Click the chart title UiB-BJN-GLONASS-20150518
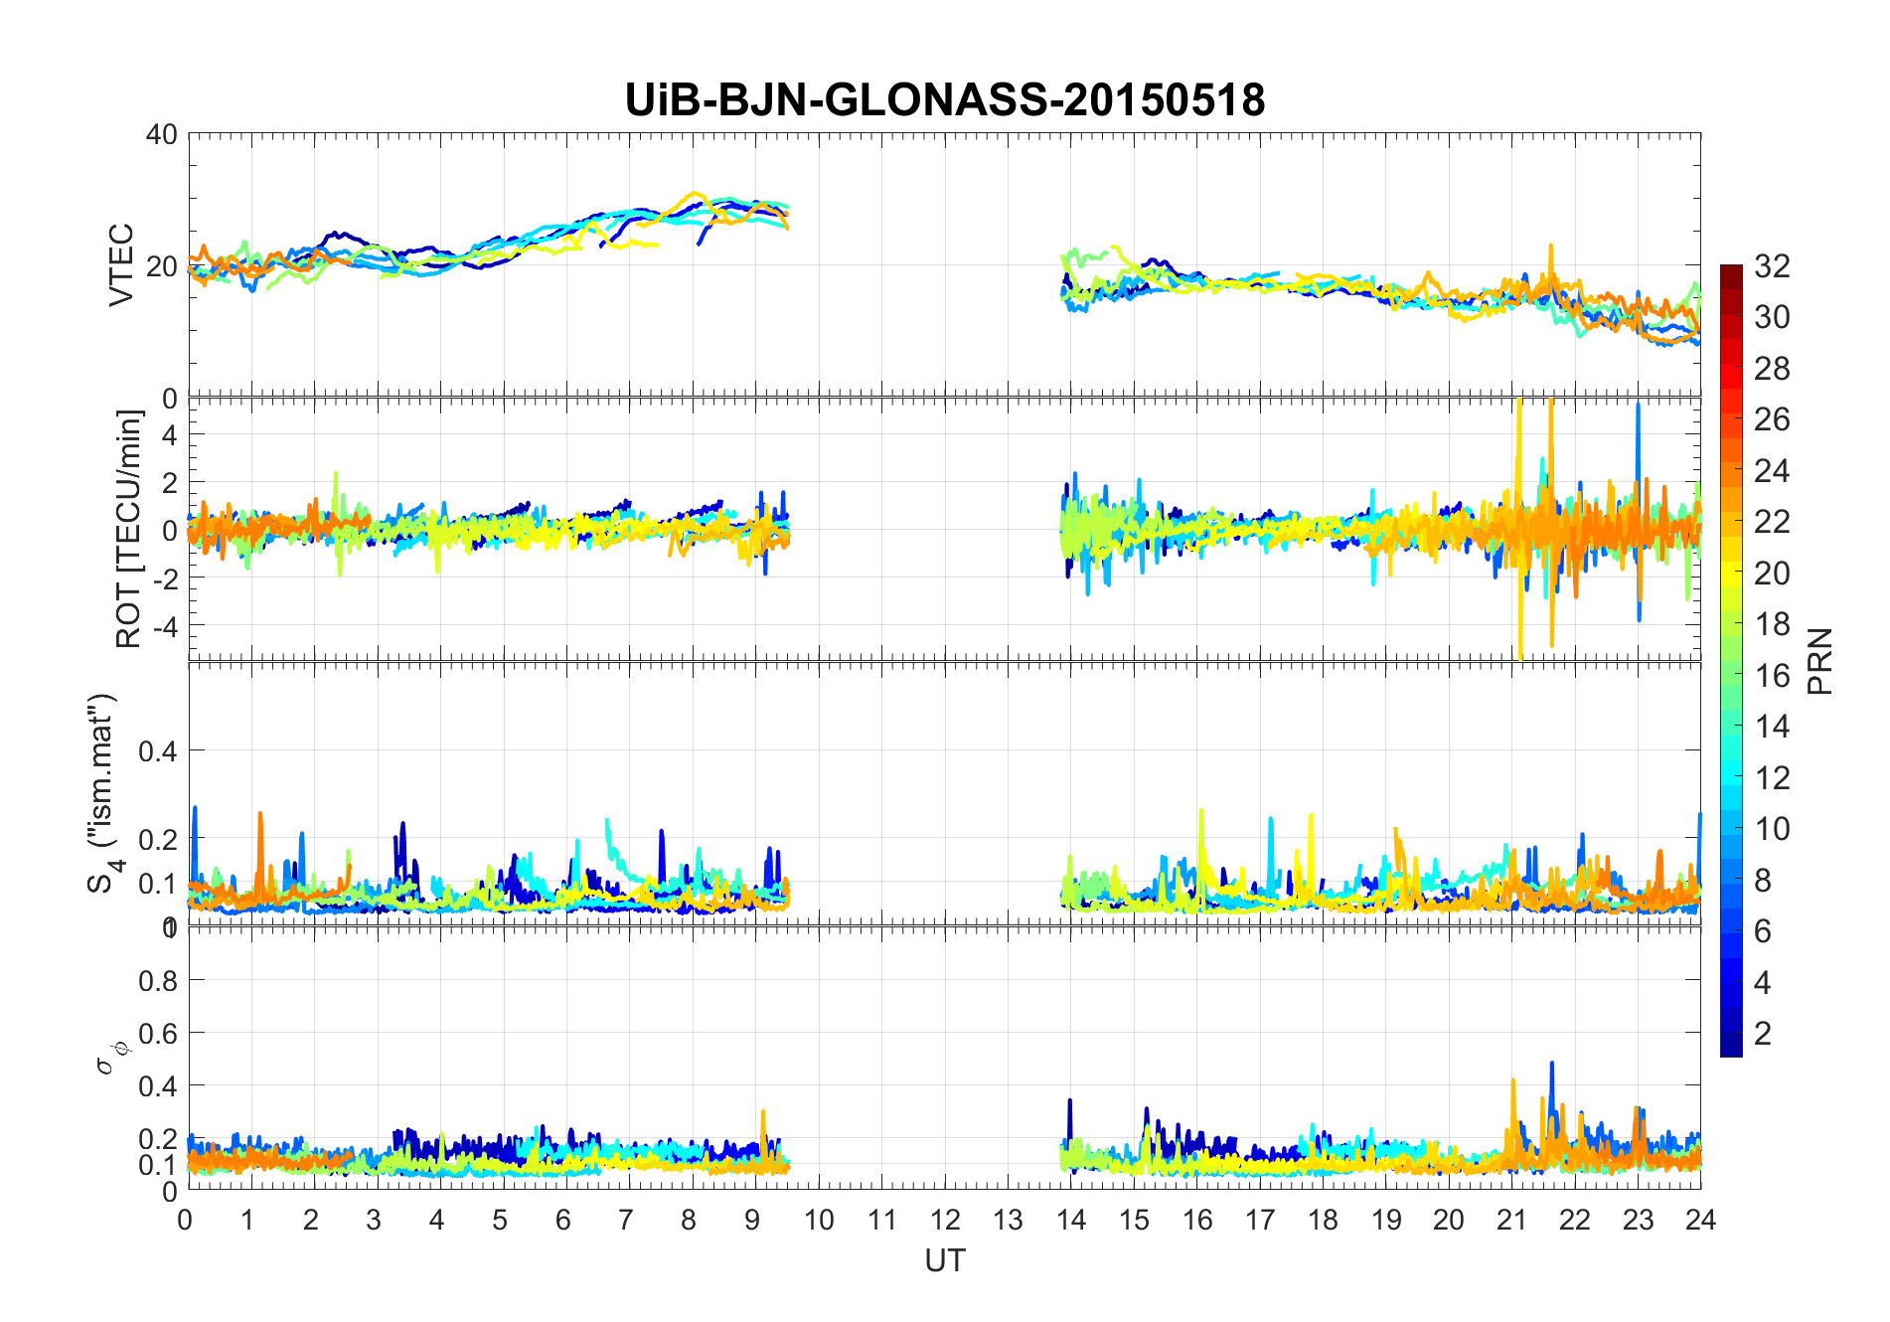pyautogui.click(x=944, y=100)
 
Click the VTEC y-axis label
pyautogui.click(x=121, y=265)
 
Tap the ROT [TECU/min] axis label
pyautogui.click(x=129, y=529)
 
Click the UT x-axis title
pyautogui.click(x=944, y=1260)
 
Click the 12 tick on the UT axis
pyautogui.click(x=945, y=1220)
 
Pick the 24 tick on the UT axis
pyautogui.click(x=1700, y=1220)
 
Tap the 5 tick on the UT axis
pyautogui.click(x=500, y=1220)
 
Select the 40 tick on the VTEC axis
pyautogui.click(x=162, y=134)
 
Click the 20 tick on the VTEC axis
pyautogui.click(x=162, y=266)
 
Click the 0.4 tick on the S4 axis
pyautogui.click(x=157, y=750)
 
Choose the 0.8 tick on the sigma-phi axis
pyautogui.click(x=157, y=981)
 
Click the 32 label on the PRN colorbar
pyautogui.click(x=1772, y=266)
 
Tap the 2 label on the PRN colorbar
pyautogui.click(x=1763, y=1034)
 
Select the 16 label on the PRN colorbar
pyautogui.click(x=1772, y=676)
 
